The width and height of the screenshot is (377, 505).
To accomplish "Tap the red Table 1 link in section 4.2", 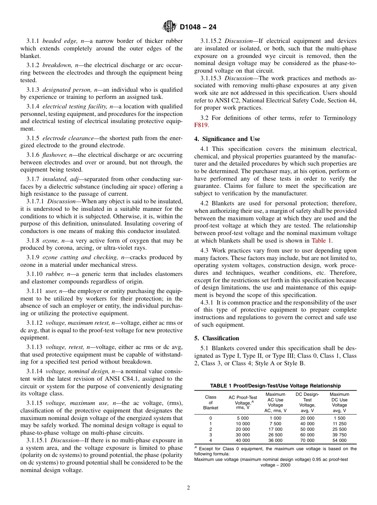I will point(321,241).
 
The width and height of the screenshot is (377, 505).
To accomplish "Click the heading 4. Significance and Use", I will point(227,139).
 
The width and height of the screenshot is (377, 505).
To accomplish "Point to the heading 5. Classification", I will point(217,338).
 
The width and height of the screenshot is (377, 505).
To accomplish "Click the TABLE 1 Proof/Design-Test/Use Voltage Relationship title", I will point(275,385).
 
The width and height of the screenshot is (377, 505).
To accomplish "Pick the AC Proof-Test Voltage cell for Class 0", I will point(242,418).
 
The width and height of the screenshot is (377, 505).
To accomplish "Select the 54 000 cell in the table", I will point(339,440).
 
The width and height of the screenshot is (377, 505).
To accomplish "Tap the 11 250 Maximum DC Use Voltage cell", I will point(339,424).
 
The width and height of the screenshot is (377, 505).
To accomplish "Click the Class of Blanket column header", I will point(210,402).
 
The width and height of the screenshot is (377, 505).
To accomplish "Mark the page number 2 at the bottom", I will point(188,488).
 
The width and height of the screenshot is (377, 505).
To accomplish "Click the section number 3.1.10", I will point(35,274).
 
